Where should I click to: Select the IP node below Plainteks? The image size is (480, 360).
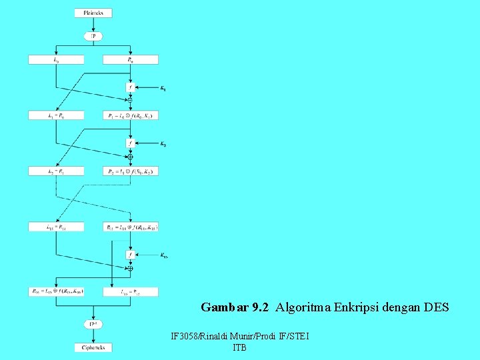point(93,35)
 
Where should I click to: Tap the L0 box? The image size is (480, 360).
point(56,59)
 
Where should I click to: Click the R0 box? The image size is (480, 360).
point(131,59)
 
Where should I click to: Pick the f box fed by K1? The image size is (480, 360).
point(131,87)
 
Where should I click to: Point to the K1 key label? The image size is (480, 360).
point(164,87)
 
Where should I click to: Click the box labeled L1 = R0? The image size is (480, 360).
point(56,115)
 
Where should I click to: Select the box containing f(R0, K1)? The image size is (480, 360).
point(131,115)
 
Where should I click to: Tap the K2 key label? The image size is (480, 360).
point(164,143)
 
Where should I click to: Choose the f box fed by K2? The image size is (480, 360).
point(131,143)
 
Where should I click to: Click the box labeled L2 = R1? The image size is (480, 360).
point(56,171)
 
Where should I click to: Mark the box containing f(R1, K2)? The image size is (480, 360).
point(131,171)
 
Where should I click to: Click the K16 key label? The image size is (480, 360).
point(164,255)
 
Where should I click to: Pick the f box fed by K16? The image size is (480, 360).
point(131,255)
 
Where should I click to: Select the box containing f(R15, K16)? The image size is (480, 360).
point(56,291)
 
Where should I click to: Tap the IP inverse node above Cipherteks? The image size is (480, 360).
point(93,325)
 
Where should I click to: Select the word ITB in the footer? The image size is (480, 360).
point(240,348)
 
